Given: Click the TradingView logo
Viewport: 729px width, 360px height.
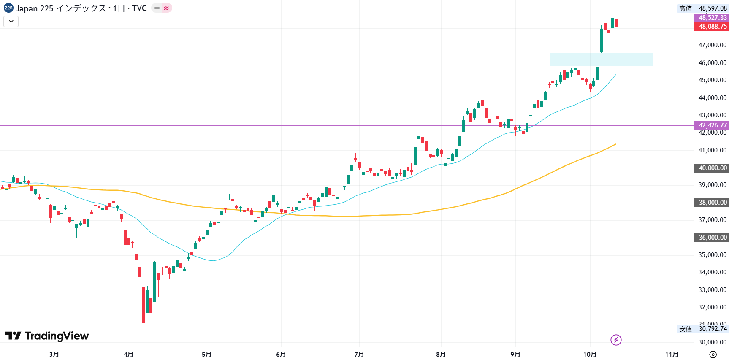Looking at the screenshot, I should pos(47,336).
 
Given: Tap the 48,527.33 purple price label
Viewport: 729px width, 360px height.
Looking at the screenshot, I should pos(712,18).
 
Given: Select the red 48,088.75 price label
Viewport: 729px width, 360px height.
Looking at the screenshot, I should pos(712,27).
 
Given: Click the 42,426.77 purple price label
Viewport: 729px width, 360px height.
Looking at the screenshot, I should pos(712,125).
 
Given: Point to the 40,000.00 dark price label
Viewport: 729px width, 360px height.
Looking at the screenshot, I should pos(712,168).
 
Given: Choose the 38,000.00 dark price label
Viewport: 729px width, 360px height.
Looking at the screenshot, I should pos(712,203).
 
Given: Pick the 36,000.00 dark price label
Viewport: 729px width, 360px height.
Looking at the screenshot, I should pos(712,238).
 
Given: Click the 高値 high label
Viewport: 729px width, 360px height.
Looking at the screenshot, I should pos(686,8).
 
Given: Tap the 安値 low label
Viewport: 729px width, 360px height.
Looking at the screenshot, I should pos(686,329).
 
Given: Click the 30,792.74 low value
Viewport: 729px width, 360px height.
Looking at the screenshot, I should pos(713,329).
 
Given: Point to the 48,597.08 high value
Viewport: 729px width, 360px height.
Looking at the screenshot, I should pos(713,8).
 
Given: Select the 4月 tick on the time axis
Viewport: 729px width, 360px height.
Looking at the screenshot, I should pos(128,354).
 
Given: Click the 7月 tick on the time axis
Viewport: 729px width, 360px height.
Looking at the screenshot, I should pos(359,354).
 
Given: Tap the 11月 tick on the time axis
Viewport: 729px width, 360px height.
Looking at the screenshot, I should pos(672,354).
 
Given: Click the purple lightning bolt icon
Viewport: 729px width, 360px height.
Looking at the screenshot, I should pos(616,340).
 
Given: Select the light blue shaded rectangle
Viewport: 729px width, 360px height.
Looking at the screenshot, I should pos(601,60).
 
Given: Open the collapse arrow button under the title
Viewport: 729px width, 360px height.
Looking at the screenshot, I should pos(11,21).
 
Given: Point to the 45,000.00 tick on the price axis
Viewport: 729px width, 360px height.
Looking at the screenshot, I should pos(712,80).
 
